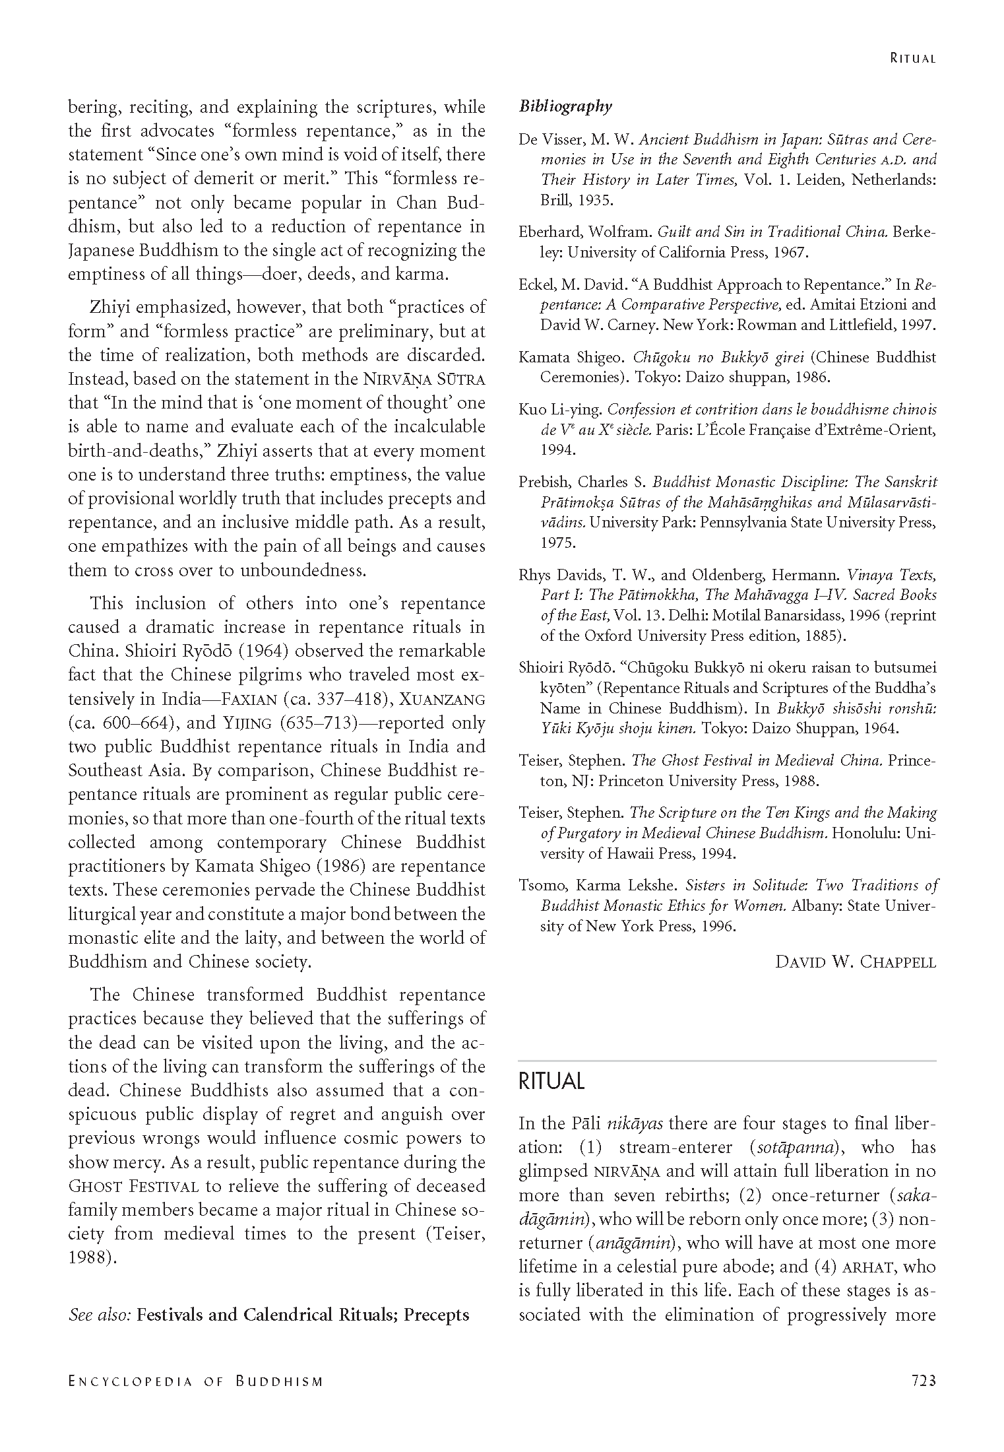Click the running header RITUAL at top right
912,58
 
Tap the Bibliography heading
565,106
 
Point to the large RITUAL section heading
551,1081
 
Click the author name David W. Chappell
856,962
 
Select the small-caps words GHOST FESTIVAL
134,1186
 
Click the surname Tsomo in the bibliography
538,885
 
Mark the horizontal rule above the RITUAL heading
727,1061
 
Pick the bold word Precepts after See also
436,1315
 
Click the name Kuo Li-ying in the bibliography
560,410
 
